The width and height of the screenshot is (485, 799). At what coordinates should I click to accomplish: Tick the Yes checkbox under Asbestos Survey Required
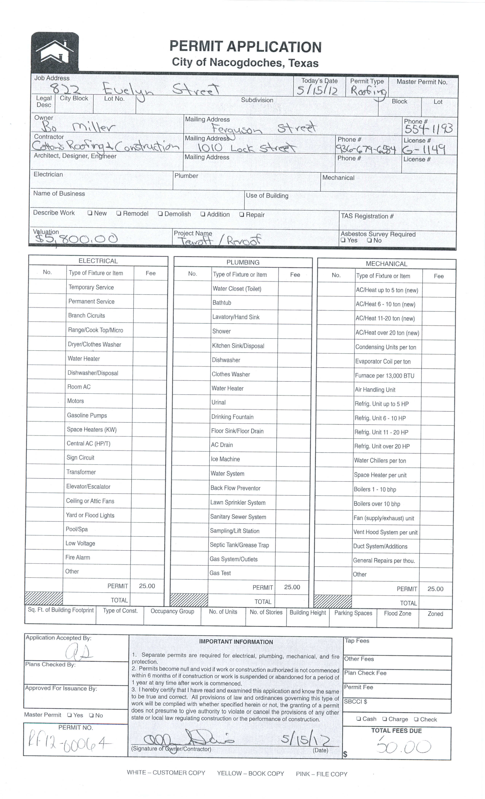click(343, 241)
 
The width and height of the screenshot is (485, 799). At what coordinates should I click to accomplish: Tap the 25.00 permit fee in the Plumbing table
click(292, 587)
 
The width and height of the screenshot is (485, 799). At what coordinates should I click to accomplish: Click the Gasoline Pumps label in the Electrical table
click(87, 415)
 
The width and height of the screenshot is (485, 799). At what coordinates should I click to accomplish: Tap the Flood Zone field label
click(398, 613)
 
